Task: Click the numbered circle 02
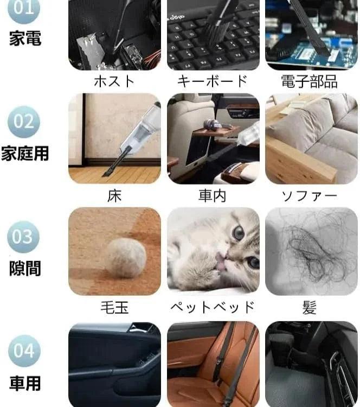[24, 122]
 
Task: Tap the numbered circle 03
[23, 237]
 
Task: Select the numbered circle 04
[24, 351]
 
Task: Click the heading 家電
[25, 38]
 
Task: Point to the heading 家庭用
[25, 153]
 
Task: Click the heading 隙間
[25, 268]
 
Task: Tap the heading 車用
[25, 383]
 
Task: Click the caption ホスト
[114, 81]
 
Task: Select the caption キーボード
[213, 81]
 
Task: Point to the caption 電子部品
[310, 81]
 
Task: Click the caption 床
[114, 196]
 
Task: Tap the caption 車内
[213, 196]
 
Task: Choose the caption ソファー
[310, 196]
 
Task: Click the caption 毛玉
[114, 308]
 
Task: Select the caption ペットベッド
[213, 308]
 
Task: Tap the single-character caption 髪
[310, 308]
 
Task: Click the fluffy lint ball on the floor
[126, 257]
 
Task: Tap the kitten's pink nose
[222, 259]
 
